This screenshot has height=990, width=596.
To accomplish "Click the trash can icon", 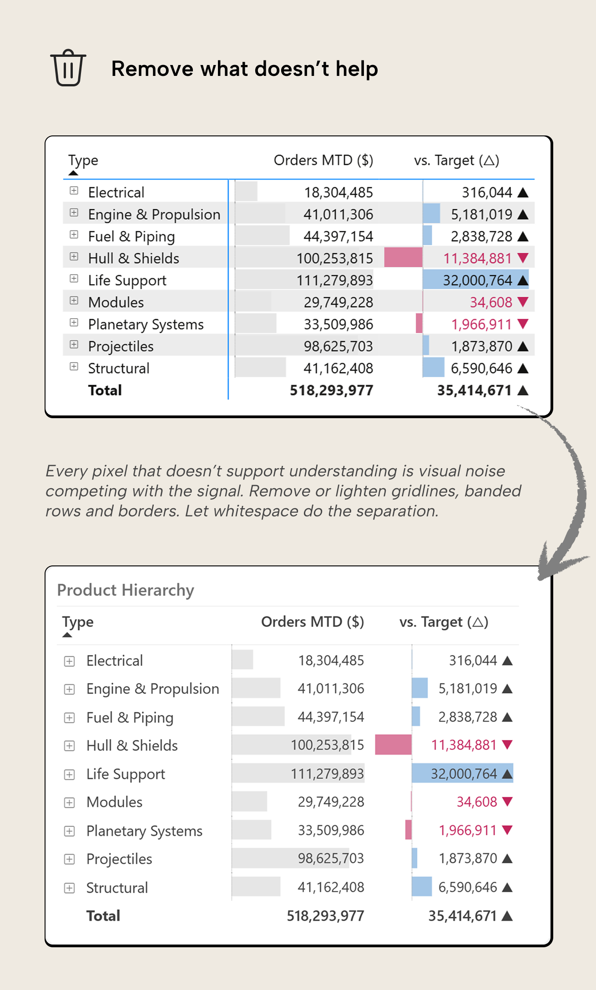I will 68,68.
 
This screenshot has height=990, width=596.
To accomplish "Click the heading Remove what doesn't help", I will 245,69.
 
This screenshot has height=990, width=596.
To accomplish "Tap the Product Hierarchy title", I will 126,590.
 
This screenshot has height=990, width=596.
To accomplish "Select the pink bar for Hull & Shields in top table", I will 403,258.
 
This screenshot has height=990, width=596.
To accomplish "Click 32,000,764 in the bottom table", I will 464,774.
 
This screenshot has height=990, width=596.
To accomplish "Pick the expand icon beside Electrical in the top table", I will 74,191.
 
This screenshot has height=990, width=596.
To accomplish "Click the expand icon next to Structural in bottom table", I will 69,888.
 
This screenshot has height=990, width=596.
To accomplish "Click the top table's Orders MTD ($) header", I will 323,160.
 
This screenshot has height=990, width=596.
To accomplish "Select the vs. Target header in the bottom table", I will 444,622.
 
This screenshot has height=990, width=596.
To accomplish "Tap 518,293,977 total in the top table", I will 331,390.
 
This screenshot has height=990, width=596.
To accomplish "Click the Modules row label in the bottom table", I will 115,802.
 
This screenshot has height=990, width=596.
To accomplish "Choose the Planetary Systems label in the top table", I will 146,325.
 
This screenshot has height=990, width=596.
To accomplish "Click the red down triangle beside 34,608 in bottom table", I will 507,801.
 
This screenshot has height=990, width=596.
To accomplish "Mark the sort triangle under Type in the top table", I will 73,173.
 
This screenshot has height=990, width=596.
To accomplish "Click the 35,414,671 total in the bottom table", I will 462,916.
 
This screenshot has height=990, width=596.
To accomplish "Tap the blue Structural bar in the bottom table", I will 422,887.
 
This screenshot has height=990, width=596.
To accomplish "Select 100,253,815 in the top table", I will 334,259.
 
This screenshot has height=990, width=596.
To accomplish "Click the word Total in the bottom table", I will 103,916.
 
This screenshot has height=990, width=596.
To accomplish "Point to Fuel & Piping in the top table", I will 131,237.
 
